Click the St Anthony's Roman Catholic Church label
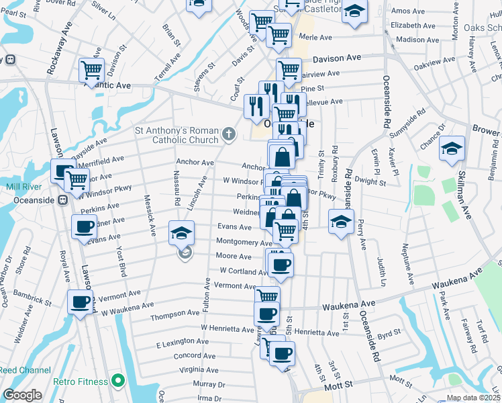[x=177, y=134]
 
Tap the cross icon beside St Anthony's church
[x=229, y=134]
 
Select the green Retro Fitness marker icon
[x=119, y=382]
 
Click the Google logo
[x=22, y=395]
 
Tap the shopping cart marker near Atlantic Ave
[x=91, y=69]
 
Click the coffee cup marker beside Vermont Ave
[x=80, y=302]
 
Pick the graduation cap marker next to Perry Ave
[x=341, y=220]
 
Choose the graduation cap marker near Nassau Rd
[x=181, y=232]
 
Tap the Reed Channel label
[x=25, y=370]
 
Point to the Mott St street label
[x=340, y=386]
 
